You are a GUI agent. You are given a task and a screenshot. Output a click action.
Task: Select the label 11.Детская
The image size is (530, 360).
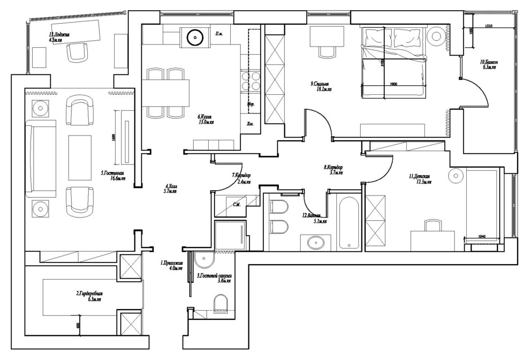click(x=420, y=178)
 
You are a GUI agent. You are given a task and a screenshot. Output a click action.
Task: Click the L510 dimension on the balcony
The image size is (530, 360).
click(x=488, y=25)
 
